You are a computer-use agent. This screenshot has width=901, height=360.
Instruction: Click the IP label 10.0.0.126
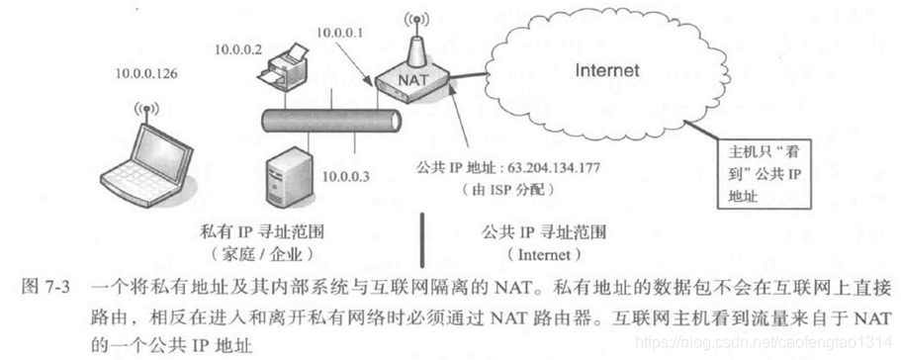[x=146, y=73]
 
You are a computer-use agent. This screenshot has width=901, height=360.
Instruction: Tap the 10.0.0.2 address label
[x=238, y=50]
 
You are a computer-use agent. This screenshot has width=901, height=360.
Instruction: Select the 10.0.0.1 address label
[x=340, y=34]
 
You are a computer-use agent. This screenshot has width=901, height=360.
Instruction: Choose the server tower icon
[x=286, y=175]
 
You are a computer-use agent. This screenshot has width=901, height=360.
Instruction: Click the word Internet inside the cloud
[x=607, y=70]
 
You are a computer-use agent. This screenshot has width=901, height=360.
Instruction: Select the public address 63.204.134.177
[x=544, y=168]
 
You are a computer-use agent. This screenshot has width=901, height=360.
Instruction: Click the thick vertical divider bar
[x=423, y=239]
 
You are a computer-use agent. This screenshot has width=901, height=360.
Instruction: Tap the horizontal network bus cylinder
[x=331, y=121]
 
